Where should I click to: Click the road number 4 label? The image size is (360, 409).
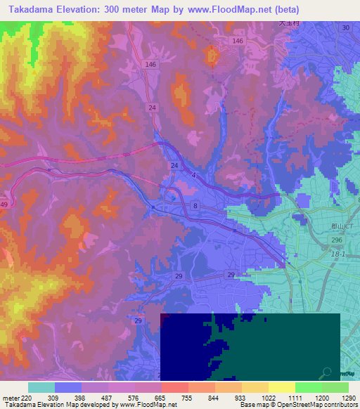pos(193,176)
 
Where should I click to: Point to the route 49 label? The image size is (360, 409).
pos(4,204)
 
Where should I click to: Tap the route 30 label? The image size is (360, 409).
pos(345,27)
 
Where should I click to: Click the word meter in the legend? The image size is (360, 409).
pos(11,398)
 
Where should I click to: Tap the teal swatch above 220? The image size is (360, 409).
pos(41,387)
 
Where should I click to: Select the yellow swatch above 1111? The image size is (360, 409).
pos(281,387)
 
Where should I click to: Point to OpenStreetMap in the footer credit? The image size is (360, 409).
pos(306,405)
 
